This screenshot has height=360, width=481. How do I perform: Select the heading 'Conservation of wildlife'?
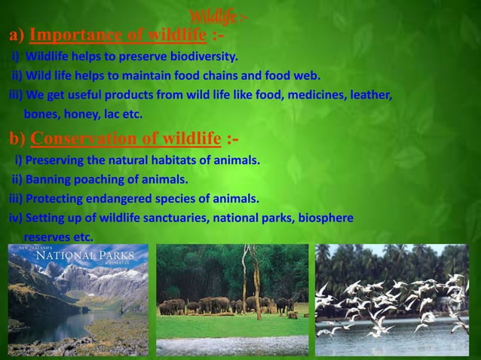click(126, 139)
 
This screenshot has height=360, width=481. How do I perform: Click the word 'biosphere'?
click(326, 218)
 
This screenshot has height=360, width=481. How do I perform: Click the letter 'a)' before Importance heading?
click(17, 35)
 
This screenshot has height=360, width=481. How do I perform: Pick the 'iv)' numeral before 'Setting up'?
click(15, 218)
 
